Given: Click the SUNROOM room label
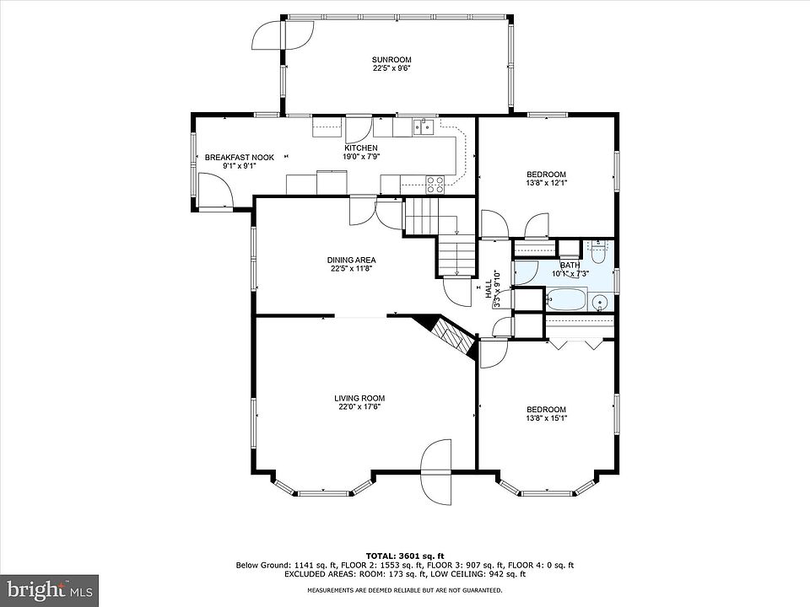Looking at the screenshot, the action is tap(391, 60).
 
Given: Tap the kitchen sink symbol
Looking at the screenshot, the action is tap(423, 126).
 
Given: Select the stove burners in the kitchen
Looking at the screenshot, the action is tap(435, 185).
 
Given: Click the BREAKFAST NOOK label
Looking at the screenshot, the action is tap(239, 158).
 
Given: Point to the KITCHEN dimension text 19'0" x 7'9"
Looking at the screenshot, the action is tap(362, 157).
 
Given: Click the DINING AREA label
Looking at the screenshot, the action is tap(351, 261).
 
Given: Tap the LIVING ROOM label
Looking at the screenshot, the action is tap(359, 398).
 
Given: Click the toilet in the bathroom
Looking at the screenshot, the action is tap(598, 253).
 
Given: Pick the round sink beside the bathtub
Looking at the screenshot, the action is tap(600, 301).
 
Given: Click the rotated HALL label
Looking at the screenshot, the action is tap(489, 288).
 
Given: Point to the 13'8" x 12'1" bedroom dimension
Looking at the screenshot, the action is tap(546, 182).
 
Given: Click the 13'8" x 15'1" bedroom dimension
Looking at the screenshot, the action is tap(546, 417).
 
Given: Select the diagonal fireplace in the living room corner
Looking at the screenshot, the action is tap(446, 336).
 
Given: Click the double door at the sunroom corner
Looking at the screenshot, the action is tap(283, 35).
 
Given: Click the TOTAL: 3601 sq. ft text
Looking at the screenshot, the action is tap(405, 556).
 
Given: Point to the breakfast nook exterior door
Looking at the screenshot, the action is tap(215, 191).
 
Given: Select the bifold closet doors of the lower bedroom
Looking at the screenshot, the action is tap(575, 344).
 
